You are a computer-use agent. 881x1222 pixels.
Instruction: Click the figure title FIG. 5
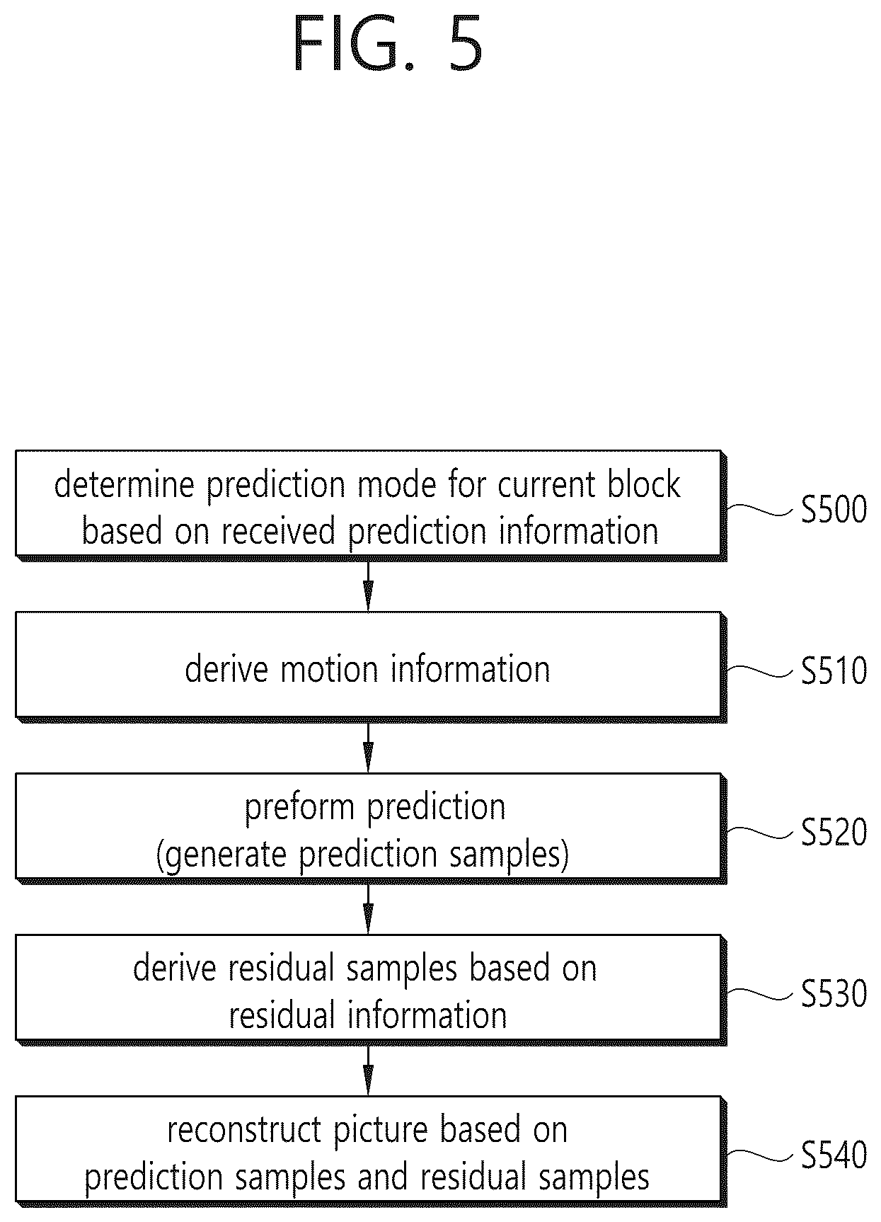(387, 45)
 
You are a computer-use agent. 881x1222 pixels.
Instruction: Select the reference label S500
(834, 510)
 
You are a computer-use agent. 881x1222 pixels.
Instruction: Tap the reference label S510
(834, 671)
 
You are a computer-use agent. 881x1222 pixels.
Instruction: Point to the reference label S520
(834, 833)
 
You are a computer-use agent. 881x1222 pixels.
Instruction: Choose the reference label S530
(834, 994)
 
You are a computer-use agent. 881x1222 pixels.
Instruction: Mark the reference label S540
(834, 1155)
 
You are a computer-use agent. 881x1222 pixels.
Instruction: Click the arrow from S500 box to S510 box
(368, 586)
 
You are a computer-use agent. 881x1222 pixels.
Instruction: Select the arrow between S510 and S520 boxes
(368, 747)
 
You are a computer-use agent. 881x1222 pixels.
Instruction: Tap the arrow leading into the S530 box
(368, 908)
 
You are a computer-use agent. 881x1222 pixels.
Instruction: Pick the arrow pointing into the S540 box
(368, 1070)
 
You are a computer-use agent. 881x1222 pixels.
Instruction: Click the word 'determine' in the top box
(125, 485)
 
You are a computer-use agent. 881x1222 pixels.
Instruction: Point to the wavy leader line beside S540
(760, 1154)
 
